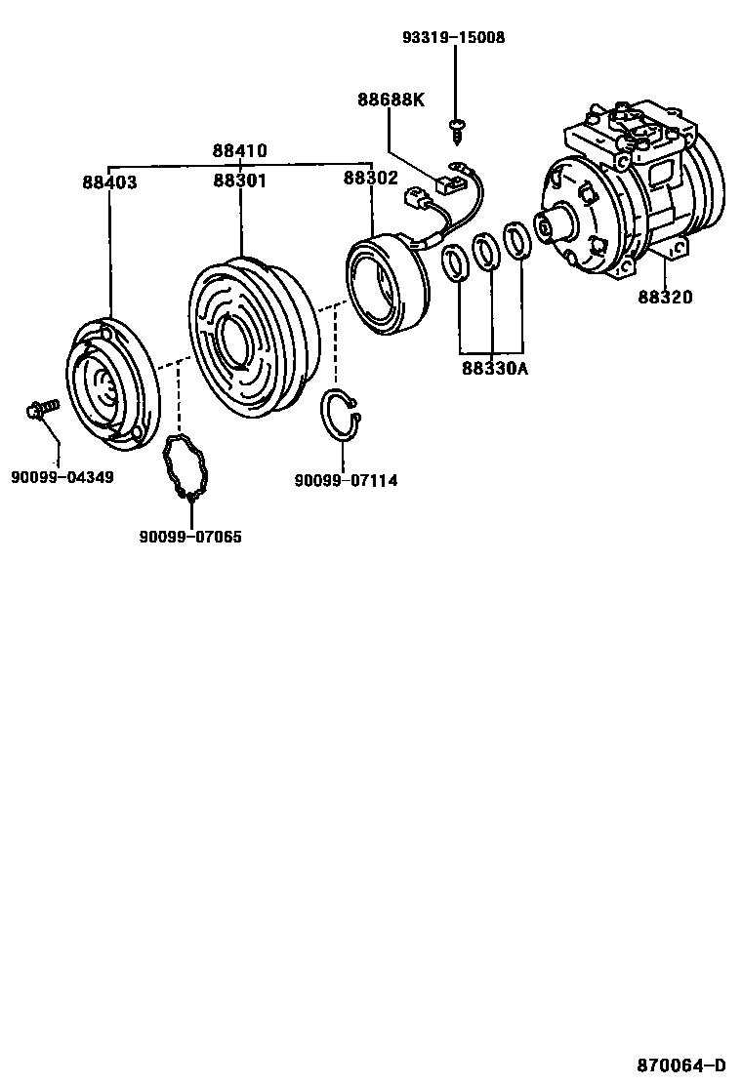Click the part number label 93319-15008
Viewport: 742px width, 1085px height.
pyautogui.click(x=453, y=37)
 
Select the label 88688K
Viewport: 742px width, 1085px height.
pyautogui.click(x=392, y=100)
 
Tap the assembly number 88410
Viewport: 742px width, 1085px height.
pyautogui.click(x=239, y=151)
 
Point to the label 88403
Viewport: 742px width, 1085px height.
pyautogui.click(x=109, y=182)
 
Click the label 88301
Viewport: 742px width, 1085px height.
pyautogui.click(x=239, y=181)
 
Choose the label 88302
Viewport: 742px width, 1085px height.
pyautogui.click(x=371, y=178)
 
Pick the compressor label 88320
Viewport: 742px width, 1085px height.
pyautogui.click(x=665, y=297)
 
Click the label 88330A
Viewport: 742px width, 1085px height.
pyautogui.click(x=495, y=368)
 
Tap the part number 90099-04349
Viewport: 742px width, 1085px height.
pyautogui.click(x=62, y=477)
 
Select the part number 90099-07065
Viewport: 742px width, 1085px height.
pyautogui.click(x=190, y=537)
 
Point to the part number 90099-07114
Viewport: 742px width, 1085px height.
pyautogui.click(x=346, y=480)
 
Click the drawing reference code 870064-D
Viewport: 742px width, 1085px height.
pyautogui.click(x=681, y=1065)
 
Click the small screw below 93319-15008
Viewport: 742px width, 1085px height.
pyautogui.click(x=456, y=130)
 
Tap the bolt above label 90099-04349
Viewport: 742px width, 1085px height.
pyautogui.click(x=42, y=409)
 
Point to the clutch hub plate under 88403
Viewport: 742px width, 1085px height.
pyautogui.click(x=112, y=380)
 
